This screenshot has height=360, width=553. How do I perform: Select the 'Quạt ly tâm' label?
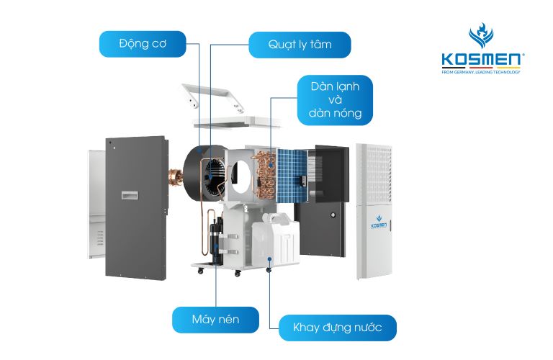coord(300,45)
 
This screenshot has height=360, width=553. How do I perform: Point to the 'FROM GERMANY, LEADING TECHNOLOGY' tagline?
coord(481,72)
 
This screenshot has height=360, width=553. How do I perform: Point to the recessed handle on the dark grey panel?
coord(130,194)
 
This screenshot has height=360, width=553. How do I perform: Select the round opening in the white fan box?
coord(245,172)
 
